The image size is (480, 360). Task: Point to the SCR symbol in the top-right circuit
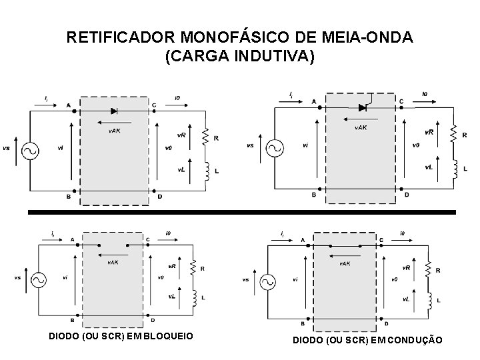(x=363, y=107)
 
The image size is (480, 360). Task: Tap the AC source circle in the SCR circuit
(x=274, y=148)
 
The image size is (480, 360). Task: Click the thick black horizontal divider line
(x=241, y=212)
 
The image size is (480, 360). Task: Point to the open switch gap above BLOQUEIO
(x=111, y=244)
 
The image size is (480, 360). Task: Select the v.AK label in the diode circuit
(x=115, y=131)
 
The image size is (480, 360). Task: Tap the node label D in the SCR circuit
(x=406, y=195)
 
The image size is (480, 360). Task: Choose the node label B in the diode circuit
(x=68, y=196)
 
